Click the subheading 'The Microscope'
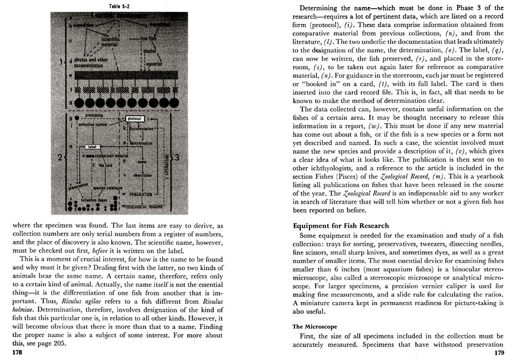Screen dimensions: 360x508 coord(314,326)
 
